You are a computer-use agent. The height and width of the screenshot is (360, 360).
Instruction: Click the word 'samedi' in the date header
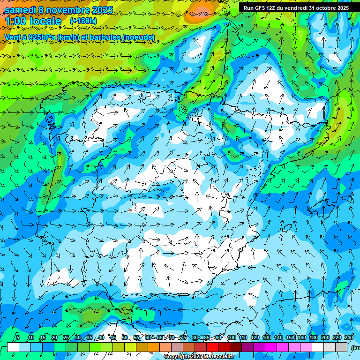20,10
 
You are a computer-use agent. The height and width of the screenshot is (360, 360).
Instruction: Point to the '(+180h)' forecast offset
83,21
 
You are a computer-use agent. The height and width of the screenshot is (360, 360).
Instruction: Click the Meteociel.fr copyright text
199,357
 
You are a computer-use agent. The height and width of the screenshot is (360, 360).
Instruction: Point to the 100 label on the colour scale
232,338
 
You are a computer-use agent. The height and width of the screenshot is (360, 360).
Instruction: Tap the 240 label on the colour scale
349,338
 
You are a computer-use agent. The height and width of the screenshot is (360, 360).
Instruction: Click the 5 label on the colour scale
18,338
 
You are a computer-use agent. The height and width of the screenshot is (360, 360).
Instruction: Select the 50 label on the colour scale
124,338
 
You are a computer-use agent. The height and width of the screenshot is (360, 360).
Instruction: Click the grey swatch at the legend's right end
341,347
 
